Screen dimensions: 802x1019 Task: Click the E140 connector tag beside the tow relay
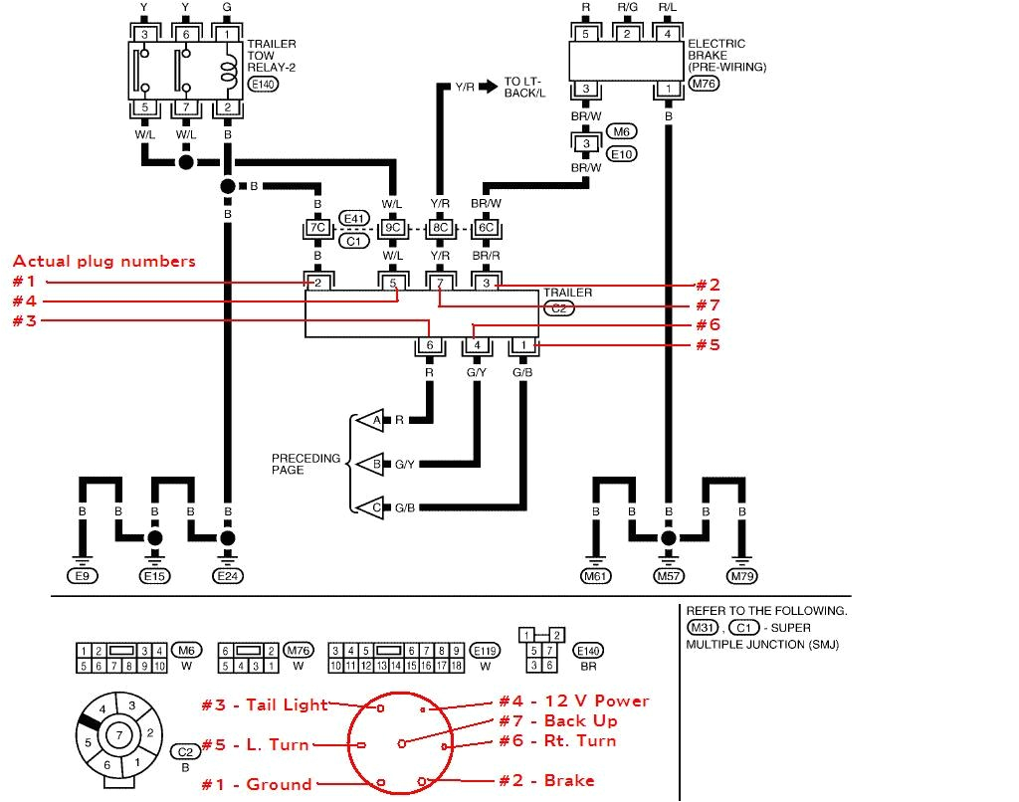point(264,86)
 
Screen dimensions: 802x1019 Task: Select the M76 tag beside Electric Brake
point(703,85)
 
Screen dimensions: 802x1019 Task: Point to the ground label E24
point(228,575)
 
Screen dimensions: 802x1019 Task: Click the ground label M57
point(668,575)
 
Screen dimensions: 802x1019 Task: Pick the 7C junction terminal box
point(317,228)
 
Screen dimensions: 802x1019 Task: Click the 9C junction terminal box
point(394,228)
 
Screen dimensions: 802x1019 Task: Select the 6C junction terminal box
point(486,228)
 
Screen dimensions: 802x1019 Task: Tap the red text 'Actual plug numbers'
point(103,262)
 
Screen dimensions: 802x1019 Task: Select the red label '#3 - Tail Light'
point(264,704)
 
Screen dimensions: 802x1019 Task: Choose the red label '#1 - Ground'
point(257,784)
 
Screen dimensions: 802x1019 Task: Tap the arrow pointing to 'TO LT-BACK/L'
point(487,87)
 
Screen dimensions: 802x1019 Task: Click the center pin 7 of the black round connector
point(119,734)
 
